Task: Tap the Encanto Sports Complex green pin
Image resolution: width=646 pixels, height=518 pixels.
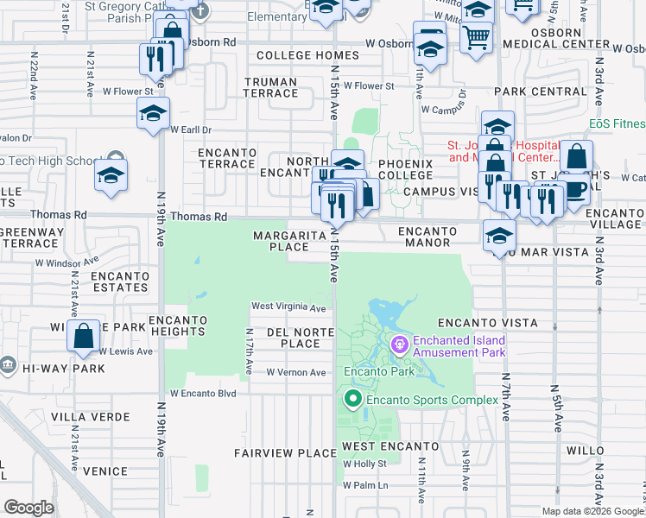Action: tap(352, 399)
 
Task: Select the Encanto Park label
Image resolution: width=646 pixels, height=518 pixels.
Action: tap(380, 373)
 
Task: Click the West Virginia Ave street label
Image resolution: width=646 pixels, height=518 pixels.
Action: tap(288, 307)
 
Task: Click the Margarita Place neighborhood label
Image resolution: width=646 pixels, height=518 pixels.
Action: tap(289, 241)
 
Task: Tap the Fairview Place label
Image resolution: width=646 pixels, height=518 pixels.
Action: tap(285, 452)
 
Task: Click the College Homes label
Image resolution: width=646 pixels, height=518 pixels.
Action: tap(294, 55)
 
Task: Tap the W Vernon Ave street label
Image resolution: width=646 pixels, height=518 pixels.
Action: tap(296, 372)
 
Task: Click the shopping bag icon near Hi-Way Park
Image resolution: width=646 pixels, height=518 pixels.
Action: tap(85, 336)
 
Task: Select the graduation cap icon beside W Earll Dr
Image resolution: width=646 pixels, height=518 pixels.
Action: tap(154, 114)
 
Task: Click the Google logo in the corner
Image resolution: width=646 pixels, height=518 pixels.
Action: tap(29, 508)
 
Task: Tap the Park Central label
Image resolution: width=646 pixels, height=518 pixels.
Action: tap(541, 92)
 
